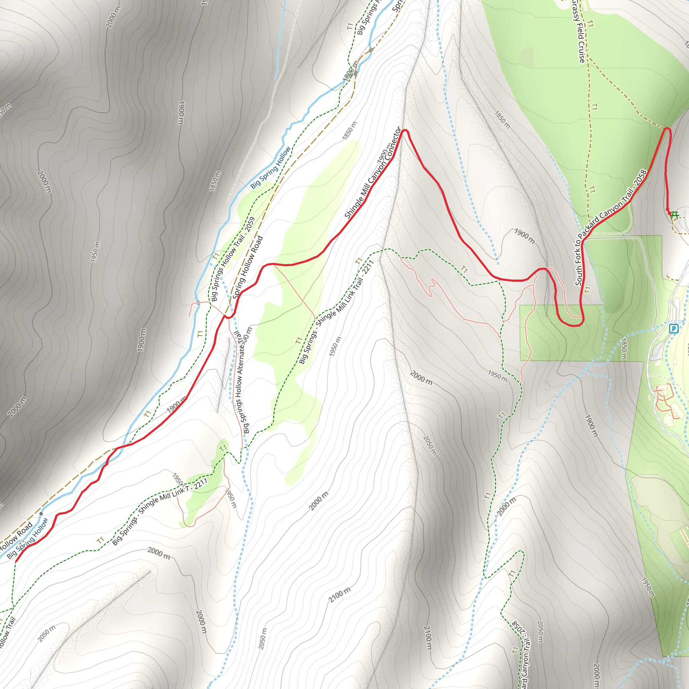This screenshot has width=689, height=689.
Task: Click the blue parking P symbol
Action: click(673, 328)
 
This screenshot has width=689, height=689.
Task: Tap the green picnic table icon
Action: click(674, 215)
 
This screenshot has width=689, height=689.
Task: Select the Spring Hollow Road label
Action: click(248, 267)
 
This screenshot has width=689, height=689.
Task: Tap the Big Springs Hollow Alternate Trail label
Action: click(242, 382)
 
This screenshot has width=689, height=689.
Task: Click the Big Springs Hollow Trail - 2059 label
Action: click(232, 259)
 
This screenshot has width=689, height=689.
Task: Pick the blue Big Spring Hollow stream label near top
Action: click(270, 168)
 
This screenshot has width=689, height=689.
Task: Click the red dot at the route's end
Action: click(667, 210)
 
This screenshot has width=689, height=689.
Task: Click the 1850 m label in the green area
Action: click(623, 349)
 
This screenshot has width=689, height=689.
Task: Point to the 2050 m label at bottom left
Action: click(47, 634)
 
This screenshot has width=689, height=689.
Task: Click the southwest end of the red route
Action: click(16, 562)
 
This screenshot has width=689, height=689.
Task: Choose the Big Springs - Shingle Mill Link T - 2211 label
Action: click(160, 512)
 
